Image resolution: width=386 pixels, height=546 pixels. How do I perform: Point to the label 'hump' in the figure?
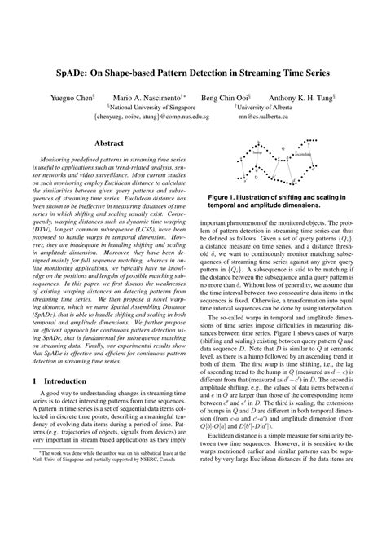[257, 152]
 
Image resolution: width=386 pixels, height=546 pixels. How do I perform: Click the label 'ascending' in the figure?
[302, 154]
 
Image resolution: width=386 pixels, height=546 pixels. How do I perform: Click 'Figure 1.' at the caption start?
[225, 197]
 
